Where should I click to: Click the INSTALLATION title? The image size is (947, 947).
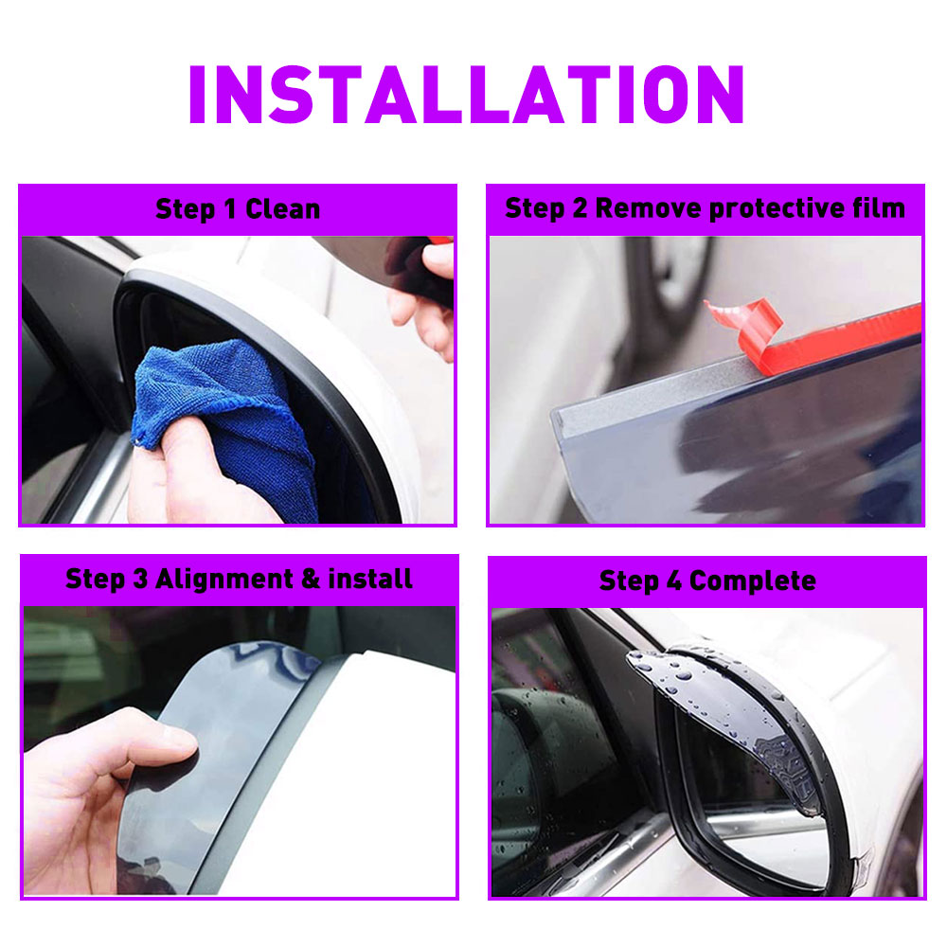click(x=466, y=94)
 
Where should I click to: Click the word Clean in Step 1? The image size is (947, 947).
click(x=282, y=209)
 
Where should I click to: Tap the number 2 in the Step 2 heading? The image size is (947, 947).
click(x=580, y=208)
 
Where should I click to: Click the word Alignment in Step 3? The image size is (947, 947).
click(x=224, y=580)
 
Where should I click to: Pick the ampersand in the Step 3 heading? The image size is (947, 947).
click(x=311, y=579)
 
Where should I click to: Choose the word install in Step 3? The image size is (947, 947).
click(x=370, y=579)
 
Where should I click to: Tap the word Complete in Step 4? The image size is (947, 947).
click(x=753, y=581)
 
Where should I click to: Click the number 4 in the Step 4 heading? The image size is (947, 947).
click(x=674, y=581)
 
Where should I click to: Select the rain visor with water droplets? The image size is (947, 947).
click(x=724, y=719)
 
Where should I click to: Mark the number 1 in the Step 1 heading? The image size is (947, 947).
click(x=229, y=209)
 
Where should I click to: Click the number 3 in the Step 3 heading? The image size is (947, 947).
click(x=140, y=579)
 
